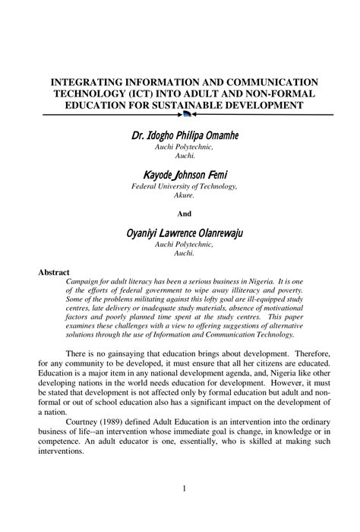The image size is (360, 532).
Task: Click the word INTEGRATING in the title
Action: [x=85, y=81]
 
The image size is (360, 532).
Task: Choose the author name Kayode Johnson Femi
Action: [x=185, y=175]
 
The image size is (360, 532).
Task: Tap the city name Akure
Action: [x=185, y=195]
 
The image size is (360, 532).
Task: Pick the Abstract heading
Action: [x=54, y=272]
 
